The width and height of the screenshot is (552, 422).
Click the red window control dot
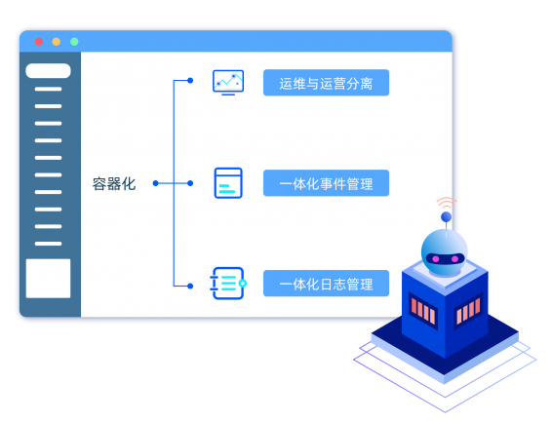click(x=39, y=42)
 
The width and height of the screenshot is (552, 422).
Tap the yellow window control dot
click(x=57, y=42)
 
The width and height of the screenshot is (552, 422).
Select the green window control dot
click(x=74, y=42)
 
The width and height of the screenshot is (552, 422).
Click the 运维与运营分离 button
click(x=326, y=83)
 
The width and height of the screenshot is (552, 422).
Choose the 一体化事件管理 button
click(x=326, y=183)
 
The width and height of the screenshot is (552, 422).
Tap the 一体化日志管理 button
click(x=326, y=284)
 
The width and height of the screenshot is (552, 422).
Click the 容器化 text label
click(x=114, y=183)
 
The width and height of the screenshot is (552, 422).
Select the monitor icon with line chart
click(x=228, y=82)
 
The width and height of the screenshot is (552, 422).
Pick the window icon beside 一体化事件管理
click(x=228, y=183)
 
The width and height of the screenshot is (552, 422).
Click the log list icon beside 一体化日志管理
click(x=228, y=284)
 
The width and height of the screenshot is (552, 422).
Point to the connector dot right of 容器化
click(x=156, y=183)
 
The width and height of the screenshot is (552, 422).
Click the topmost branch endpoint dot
click(x=190, y=81)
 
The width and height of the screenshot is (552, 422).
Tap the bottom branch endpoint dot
click(x=190, y=287)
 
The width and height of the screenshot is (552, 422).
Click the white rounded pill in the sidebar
click(x=48, y=71)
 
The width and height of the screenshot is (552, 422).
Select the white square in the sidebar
click(x=48, y=279)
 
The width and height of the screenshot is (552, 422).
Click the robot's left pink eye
click(x=436, y=259)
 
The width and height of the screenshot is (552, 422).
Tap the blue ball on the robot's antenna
click(x=447, y=216)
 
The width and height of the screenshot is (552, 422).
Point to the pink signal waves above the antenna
click(x=447, y=203)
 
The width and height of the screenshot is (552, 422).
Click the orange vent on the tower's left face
click(x=423, y=311)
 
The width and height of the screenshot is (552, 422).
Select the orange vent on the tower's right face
click(x=468, y=311)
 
